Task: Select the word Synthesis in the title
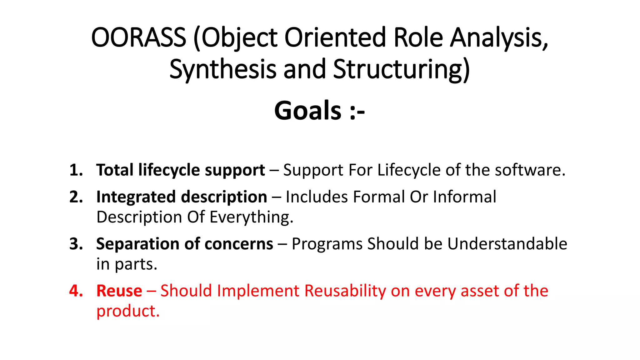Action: [223, 69]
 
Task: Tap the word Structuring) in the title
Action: [401, 69]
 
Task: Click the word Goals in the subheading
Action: [307, 111]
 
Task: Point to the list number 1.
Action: [76, 170]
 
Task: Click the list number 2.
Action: [76, 197]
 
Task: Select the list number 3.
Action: [76, 244]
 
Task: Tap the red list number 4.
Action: [76, 291]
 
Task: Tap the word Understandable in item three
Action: [507, 244]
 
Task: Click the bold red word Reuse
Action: [119, 291]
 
